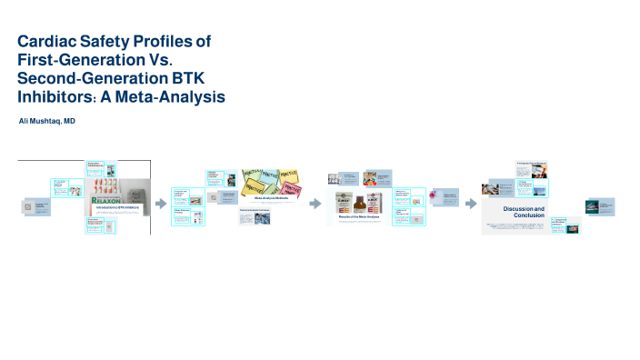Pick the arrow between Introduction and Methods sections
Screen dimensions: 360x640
click(x=162, y=204)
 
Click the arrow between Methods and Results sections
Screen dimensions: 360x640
click(x=315, y=204)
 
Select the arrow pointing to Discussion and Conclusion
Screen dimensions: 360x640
click(x=468, y=204)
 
